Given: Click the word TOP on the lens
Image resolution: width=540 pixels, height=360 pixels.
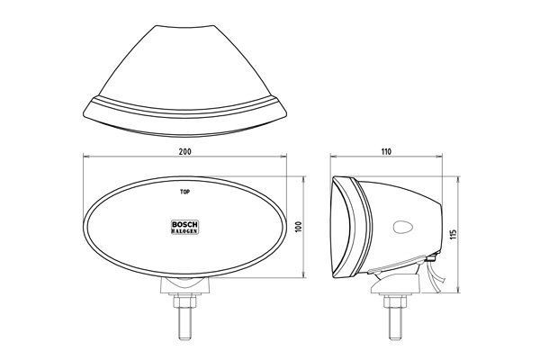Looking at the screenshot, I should coord(185,192).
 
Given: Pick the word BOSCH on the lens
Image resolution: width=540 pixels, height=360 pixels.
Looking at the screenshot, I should coord(184,223).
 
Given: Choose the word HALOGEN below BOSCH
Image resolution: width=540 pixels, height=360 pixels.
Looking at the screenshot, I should coord(184,231).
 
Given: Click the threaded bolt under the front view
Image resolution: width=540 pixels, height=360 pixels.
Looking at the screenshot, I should coord(184,315).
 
